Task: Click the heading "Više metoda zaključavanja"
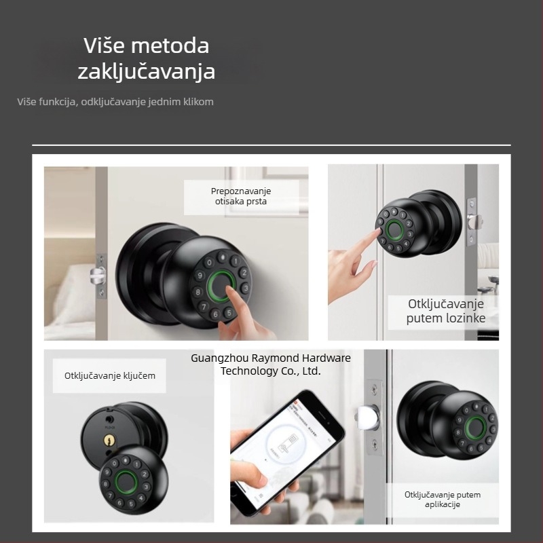(x=146, y=58)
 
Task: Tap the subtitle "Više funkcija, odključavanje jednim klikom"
(x=115, y=102)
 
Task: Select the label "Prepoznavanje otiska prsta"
(x=241, y=196)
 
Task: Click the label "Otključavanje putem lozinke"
(x=446, y=311)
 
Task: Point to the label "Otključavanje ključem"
(x=109, y=375)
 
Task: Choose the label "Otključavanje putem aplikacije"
(x=442, y=500)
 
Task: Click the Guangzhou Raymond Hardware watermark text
(x=271, y=364)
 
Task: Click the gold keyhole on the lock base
(x=107, y=441)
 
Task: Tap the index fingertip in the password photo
(x=377, y=233)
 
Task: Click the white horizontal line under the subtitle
(x=271, y=145)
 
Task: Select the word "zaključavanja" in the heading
(x=146, y=71)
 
